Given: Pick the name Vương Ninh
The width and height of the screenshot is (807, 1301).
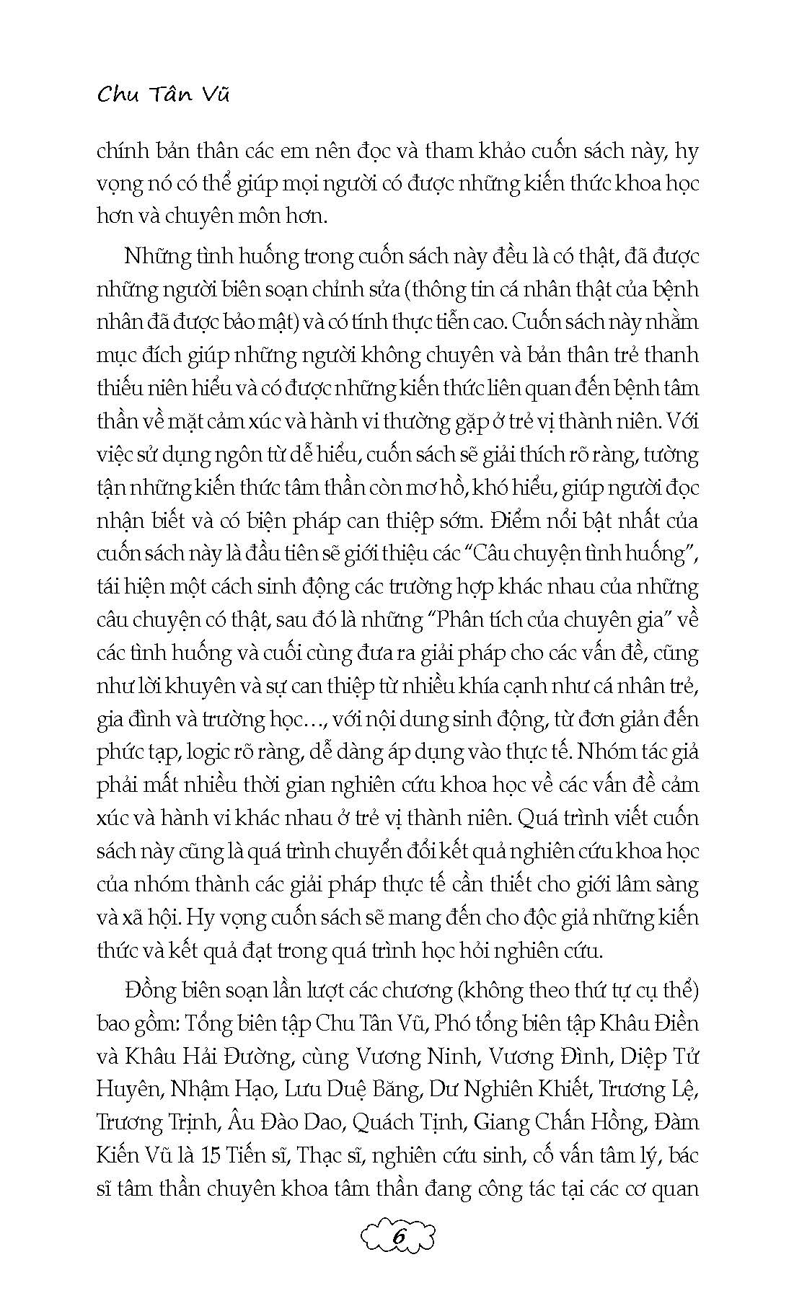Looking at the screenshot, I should pos(417,1057).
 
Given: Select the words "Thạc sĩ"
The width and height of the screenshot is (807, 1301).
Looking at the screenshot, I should pos(325,1155).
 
